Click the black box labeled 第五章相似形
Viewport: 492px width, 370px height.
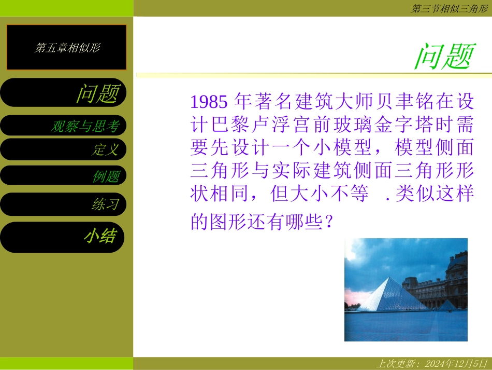(66, 47)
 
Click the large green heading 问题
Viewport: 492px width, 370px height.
(444, 56)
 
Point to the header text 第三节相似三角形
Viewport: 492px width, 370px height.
(450, 8)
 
